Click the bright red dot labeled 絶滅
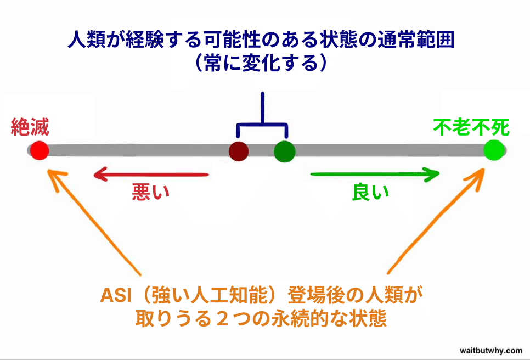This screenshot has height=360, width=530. (39, 150)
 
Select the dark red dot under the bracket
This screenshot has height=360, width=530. (239, 150)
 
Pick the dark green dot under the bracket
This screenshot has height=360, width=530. (284, 150)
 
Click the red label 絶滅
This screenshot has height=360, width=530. (30, 128)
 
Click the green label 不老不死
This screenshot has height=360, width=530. (471, 127)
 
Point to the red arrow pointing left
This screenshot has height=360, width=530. (151, 175)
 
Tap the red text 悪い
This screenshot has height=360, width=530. (150, 192)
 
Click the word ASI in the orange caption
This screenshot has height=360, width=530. (114, 296)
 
